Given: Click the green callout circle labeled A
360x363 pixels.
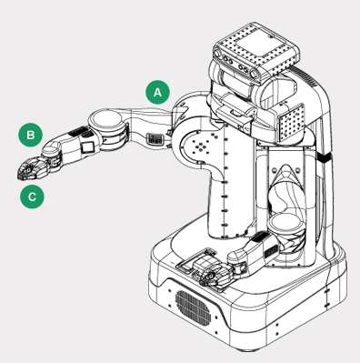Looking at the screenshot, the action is pyautogui.click(x=157, y=92).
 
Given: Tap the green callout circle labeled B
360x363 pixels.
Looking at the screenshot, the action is pyautogui.click(x=30, y=135).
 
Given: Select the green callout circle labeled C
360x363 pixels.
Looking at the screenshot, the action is pyautogui.click(x=32, y=197).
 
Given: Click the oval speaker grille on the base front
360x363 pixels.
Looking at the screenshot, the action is pyautogui.click(x=193, y=308).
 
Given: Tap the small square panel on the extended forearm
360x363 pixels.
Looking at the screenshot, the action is pyautogui.click(x=87, y=146).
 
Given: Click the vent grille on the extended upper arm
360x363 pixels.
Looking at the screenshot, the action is pyautogui.click(x=155, y=139).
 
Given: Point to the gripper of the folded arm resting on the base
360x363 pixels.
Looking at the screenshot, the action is pyautogui.click(x=212, y=274).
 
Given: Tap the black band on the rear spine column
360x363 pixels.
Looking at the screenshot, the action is pyautogui.click(x=324, y=157).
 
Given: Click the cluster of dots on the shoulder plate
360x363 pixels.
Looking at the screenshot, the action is pyautogui.click(x=201, y=145).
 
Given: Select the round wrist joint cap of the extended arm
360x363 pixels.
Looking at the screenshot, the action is pyautogui.click(x=51, y=148).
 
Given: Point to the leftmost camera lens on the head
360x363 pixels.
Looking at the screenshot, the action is pyautogui.click(x=217, y=54).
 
